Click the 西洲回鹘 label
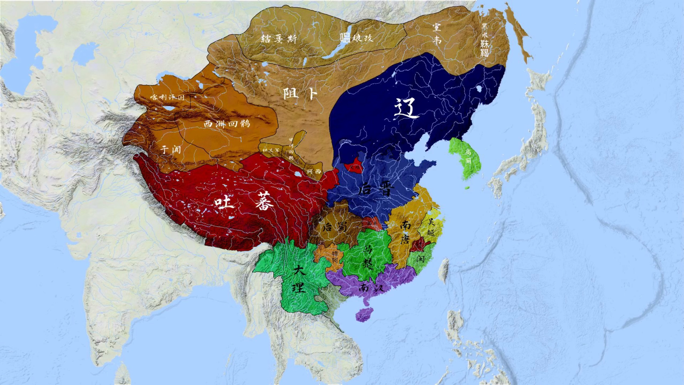click(x=227, y=124)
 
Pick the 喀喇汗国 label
click(x=167, y=97)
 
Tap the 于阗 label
click(x=170, y=149)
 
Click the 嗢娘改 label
click(x=356, y=38)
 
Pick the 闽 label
click(x=420, y=258)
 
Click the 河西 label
click(x=314, y=171)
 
